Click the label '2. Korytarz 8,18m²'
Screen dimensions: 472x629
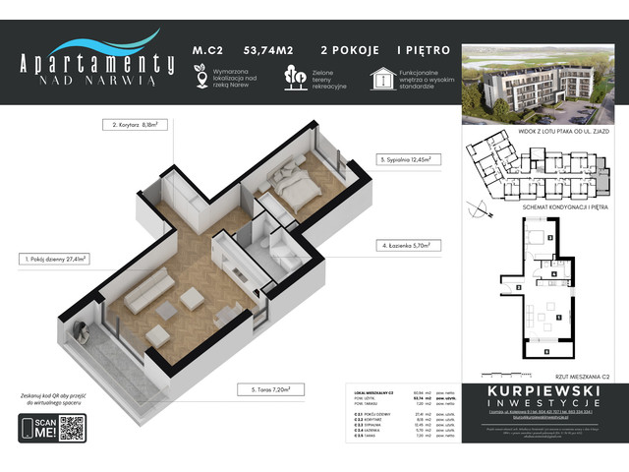tap(138, 125)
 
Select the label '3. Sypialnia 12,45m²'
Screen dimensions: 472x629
tap(406, 157)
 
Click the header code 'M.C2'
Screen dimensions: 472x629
tap(203, 48)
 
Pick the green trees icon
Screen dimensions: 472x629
tap(292, 77)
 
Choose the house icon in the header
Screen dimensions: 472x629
tap(381, 77)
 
